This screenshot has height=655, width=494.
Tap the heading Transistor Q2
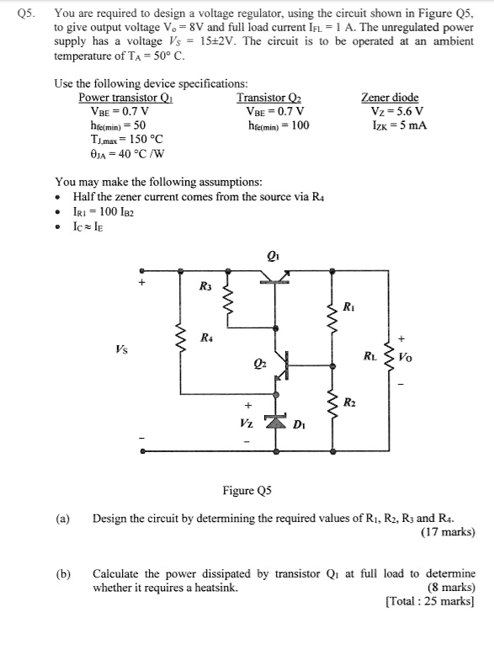pyautogui.click(x=274, y=97)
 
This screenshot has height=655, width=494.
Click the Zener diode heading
pyautogui.click(x=389, y=97)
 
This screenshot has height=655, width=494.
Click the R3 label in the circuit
pyautogui.click(x=205, y=287)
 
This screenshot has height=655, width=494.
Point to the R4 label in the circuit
pyautogui.click(x=205, y=338)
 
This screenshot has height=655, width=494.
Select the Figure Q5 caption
pyautogui.click(x=248, y=489)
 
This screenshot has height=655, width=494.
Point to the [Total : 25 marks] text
pyautogui.click(x=430, y=601)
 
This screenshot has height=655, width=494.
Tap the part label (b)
pyautogui.click(x=63, y=573)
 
